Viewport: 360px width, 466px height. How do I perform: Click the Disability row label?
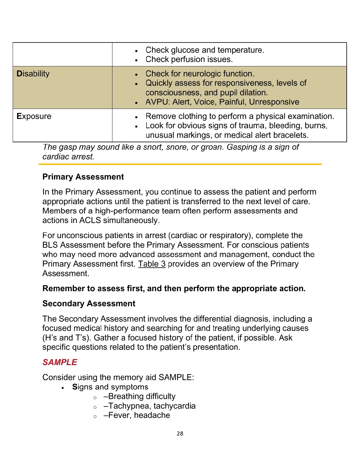33,74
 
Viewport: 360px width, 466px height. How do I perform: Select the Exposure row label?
34,116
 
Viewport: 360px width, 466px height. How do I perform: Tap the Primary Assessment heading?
83,177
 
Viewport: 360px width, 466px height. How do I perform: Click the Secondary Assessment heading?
89,304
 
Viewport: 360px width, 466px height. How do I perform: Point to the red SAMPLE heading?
60,362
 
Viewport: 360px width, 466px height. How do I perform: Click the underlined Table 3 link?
152,264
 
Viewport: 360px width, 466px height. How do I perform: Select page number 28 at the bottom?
180,434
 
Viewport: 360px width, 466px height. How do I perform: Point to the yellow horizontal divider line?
180,164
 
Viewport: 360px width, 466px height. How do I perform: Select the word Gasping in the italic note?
241,147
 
